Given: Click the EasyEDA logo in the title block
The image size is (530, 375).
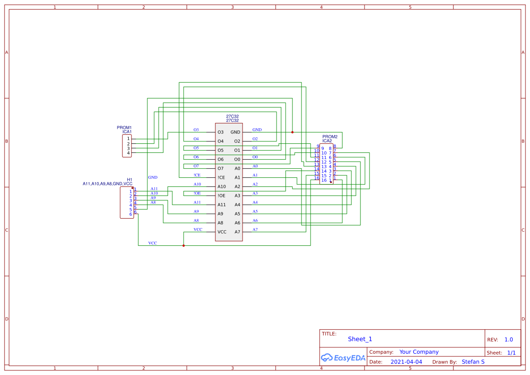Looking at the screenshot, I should pyautogui.click(x=343, y=358).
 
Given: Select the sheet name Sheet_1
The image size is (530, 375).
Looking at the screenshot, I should pyautogui.click(x=360, y=339).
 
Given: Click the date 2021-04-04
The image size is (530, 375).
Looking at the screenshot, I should pyautogui.click(x=406, y=362).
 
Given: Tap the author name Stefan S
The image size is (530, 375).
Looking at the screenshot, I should pyautogui.click(x=473, y=362).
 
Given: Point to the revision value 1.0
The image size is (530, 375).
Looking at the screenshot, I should pyautogui.click(x=508, y=340).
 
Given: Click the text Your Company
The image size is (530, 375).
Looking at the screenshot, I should pyautogui.click(x=419, y=352).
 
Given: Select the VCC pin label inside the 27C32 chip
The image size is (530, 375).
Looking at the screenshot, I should pyautogui.click(x=222, y=232).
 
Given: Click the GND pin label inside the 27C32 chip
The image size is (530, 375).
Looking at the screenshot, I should pyautogui.click(x=235, y=132).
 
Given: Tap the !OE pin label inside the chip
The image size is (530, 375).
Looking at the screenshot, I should pyautogui.click(x=221, y=196).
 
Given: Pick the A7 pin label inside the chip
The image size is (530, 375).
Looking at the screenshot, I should pyautogui.click(x=237, y=232).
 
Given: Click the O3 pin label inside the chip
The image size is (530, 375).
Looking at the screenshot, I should pyautogui.click(x=220, y=132).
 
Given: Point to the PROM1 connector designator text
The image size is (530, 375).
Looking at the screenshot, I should pyautogui.click(x=124, y=128).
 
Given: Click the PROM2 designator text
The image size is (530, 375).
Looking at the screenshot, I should pyautogui.click(x=330, y=136).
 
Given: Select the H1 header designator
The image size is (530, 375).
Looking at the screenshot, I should pyautogui.click(x=130, y=180).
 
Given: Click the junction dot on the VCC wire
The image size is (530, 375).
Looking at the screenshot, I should pyautogui.click(x=184, y=246).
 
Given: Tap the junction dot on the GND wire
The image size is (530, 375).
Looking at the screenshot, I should pyautogui.click(x=292, y=132).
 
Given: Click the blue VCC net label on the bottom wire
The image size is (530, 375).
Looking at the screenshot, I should pyautogui.click(x=152, y=244).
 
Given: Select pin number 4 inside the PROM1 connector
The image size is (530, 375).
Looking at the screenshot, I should pyautogui.click(x=128, y=153).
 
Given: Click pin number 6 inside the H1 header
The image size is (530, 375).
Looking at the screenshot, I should pyautogui.click(x=131, y=214).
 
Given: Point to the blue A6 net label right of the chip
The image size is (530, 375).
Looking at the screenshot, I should pyautogui.click(x=255, y=221).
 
